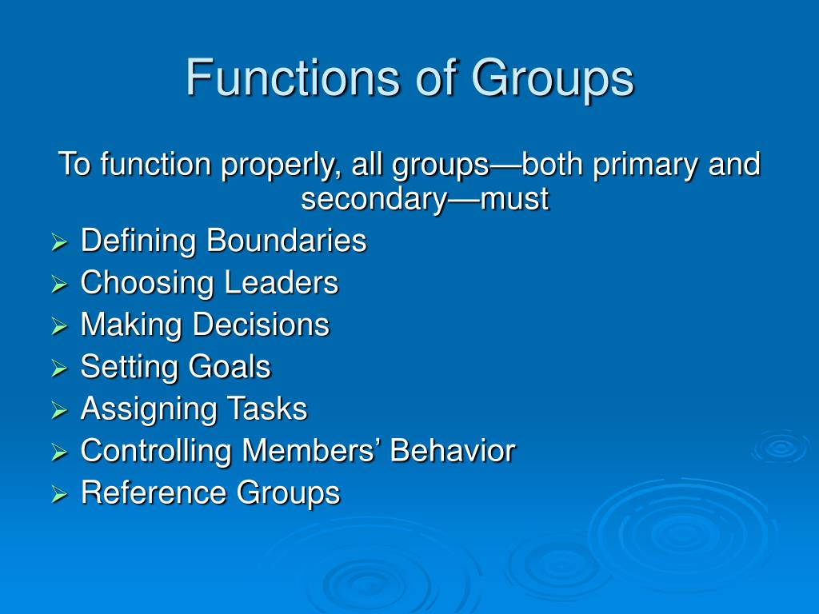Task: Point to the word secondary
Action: click(373, 198)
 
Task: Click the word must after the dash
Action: click(514, 198)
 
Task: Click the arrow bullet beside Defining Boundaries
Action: click(59, 242)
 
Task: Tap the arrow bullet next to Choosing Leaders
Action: click(59, 285)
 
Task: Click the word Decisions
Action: click(261, 325)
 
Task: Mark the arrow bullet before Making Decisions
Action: click(59, 326)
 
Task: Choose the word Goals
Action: click(230, 367)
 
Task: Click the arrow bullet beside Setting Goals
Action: click(59, 369)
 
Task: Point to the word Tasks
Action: click(267, 409)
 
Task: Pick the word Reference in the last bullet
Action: click(154, 492)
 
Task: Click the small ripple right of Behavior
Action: click(780, 447)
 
